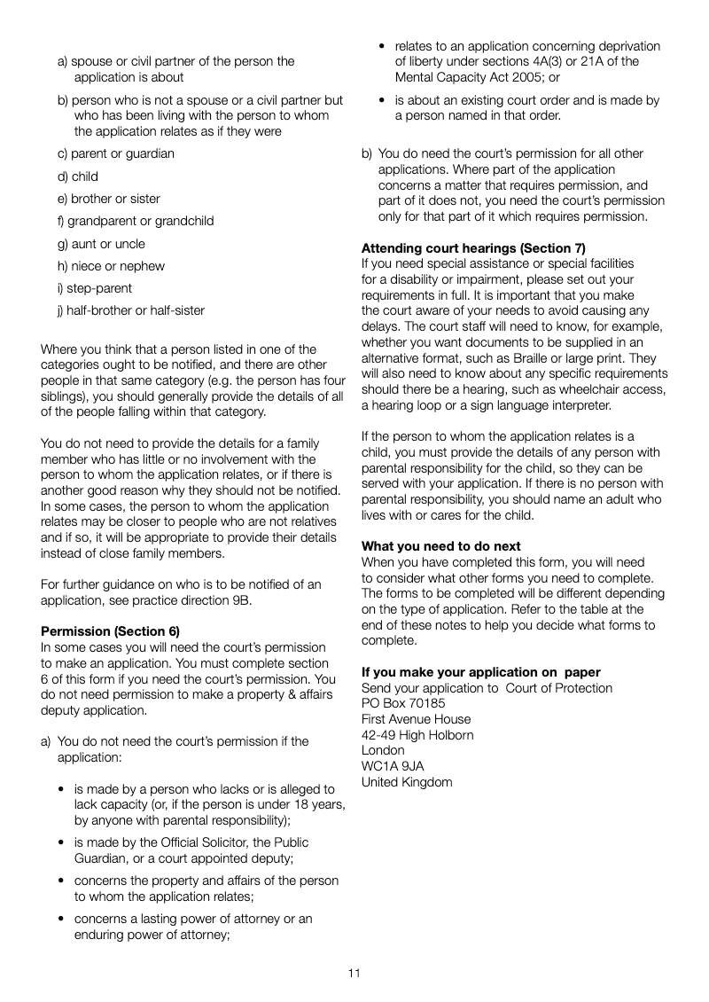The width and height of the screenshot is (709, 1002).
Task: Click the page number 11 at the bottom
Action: (354, 973)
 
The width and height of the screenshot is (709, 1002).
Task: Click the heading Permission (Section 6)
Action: (110, 631)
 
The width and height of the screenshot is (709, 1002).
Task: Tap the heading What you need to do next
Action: (440, 546)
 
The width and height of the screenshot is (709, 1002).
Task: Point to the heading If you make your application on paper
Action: (480, 672)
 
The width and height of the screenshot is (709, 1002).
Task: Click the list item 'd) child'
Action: (78, 176)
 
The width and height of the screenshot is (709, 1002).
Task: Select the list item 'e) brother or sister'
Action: (109, 199)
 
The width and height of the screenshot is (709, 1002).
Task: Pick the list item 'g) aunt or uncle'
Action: (101, 244)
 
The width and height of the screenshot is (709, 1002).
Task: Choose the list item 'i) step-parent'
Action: (95, 288)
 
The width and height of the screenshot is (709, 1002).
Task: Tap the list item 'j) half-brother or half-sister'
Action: (131, 310)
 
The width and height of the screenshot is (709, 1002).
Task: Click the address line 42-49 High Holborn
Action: (417, 735)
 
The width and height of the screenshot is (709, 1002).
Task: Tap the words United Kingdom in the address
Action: (407, 782)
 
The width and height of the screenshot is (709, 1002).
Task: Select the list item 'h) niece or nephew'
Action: (111, 266)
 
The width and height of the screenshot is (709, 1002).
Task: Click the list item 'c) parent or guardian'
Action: (116, 153)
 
